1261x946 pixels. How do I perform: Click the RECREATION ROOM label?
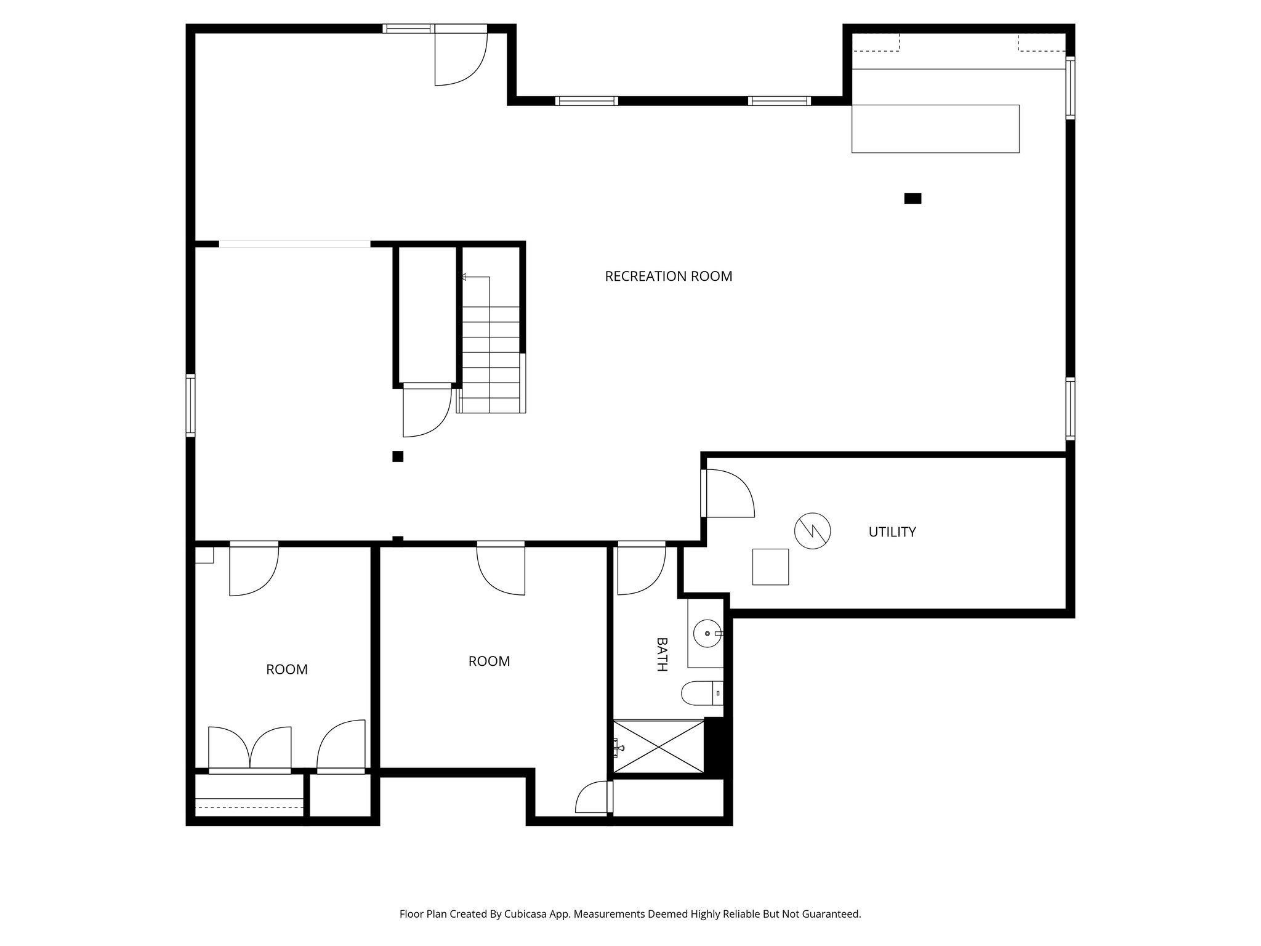point(668,277)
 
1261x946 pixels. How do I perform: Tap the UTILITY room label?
point(892,532)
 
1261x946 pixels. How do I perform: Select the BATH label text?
point(662,654)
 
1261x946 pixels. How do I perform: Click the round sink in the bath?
point(707,633)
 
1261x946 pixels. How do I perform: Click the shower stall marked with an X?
point(659,746)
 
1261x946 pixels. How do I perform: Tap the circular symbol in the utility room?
point(812,530)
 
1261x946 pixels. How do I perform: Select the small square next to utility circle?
point(770,567)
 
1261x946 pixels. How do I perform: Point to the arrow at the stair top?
point(464,278)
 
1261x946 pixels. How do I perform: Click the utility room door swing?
point(730,494)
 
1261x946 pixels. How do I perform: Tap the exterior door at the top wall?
point(461,58)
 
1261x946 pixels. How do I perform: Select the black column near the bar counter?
point(913,198)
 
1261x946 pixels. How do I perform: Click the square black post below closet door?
point(398,456)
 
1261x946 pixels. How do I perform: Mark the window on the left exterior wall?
point(191,405)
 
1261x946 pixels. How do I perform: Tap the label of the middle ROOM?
point(489,661)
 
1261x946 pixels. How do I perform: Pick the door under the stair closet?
point(427,411)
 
